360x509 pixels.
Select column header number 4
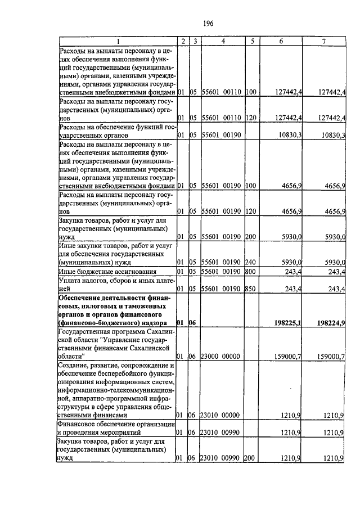click(x=223, y=42)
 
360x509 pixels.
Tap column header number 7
click(x=324, y=42)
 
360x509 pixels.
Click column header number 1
click(x=118, y=42)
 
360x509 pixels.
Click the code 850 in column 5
click(x=251, y=289)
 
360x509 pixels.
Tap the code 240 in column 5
click(x=251, y=262)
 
